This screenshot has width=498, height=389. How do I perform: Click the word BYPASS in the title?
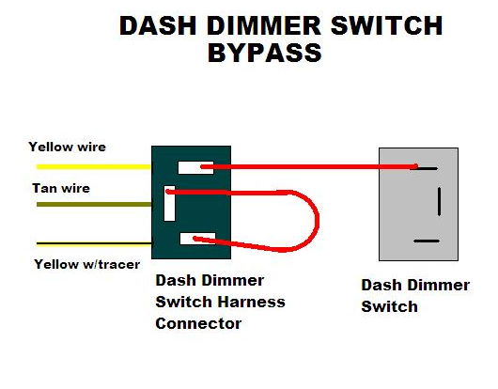[x=264, y=53]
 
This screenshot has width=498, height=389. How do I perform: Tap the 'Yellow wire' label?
[x=67, y=147]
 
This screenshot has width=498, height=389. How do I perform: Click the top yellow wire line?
[x=89, y=167]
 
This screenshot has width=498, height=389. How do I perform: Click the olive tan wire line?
[x=89, y=204]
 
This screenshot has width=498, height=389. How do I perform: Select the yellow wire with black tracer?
[x=89, y=242]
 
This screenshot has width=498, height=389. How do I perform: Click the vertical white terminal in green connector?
[x=169, y=203]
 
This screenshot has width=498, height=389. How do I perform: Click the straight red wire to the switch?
[x=310, y=168]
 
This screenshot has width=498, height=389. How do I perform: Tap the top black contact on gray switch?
[x=425, y=169]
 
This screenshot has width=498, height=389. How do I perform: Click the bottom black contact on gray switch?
[x=426, y=240]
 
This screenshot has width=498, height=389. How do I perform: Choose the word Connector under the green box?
[x=198, y=323]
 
